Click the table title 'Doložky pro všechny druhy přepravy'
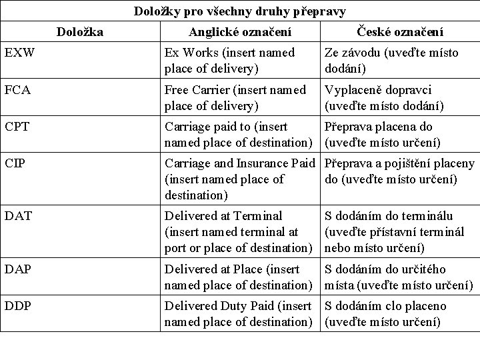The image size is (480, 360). click(x=240, y=11)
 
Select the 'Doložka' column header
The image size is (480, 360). click(x=80, y=31)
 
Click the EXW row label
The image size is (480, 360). click(x=17, y=53)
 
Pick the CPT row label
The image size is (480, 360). click(x=16, y=127)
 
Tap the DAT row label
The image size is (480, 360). click(x=17, y=216)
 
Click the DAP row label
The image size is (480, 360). click(x=17, y=269)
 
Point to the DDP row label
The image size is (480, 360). click(x=17, y=307)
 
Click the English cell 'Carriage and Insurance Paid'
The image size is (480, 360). click(x=241, y=179)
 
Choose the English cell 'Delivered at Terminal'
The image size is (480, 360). click(x=239, y=231)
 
